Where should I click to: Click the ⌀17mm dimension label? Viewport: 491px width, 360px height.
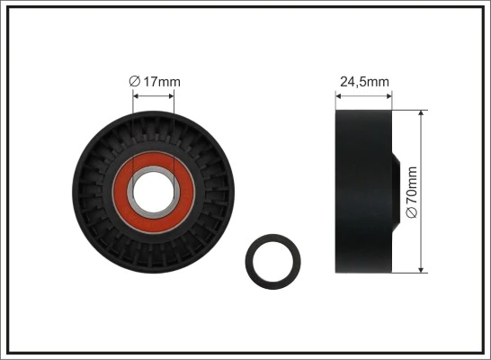(x=156, y=82)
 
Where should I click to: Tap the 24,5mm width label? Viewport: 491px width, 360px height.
(x=364, y=82)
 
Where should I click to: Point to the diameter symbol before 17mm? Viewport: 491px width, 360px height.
(x=135, y=82)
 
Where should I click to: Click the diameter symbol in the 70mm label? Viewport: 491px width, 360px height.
(x=413, y=212)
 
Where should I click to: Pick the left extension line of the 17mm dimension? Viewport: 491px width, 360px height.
(x=133, y=126)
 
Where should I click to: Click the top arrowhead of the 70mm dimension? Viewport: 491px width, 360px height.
(x=421, y=115)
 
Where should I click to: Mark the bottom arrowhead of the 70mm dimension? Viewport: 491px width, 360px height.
(x=421, y=267)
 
